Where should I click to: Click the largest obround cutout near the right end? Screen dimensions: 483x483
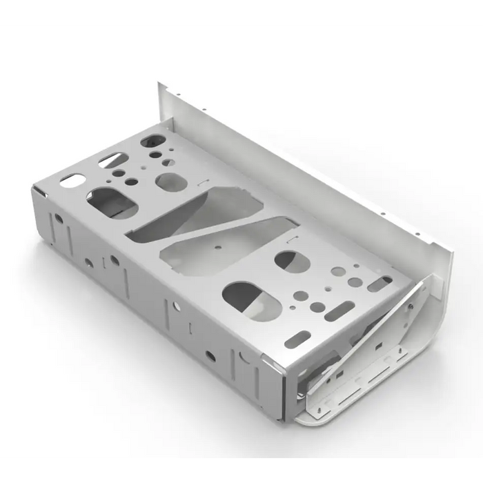[251, 300]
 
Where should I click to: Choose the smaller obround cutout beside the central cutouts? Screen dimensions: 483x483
[292, 260]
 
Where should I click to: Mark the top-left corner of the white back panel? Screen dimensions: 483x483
[161, 84]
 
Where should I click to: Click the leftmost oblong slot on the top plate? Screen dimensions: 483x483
[72, 181]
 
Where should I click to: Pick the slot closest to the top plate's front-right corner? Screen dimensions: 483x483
[297, 339]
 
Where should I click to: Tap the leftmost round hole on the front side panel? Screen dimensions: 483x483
[59, 219]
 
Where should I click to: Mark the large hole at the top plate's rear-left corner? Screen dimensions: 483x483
[150, 141]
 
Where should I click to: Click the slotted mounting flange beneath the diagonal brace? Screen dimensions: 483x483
[359, 383]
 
